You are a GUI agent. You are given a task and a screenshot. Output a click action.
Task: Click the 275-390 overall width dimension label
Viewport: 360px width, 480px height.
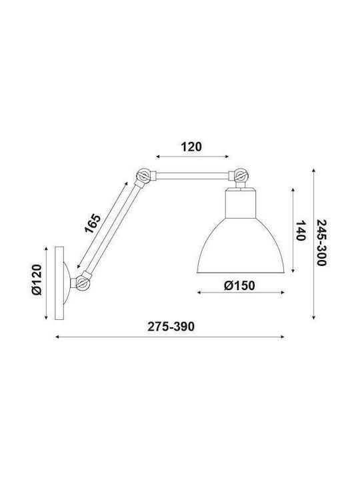[171, 327]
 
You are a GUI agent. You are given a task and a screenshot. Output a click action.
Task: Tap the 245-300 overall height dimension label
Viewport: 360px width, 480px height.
[321, 243]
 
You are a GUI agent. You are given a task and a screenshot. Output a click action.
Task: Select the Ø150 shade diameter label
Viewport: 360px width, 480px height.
[239, 285]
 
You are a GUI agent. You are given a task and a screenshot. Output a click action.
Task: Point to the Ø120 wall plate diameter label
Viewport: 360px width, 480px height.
[37, 279]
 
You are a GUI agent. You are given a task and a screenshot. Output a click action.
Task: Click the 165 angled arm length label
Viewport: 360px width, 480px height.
[93, 223]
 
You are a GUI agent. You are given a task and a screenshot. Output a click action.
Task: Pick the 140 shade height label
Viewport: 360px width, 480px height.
[301, 231]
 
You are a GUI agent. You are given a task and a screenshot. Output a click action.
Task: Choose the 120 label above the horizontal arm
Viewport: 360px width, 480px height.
[191, 147]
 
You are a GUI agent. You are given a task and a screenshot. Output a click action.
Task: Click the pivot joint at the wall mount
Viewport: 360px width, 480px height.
[82, 282]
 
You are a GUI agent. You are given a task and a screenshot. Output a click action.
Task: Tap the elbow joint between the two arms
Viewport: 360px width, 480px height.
[143, 175]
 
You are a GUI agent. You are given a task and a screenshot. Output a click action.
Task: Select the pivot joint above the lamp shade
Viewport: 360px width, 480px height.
[241, 175]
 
